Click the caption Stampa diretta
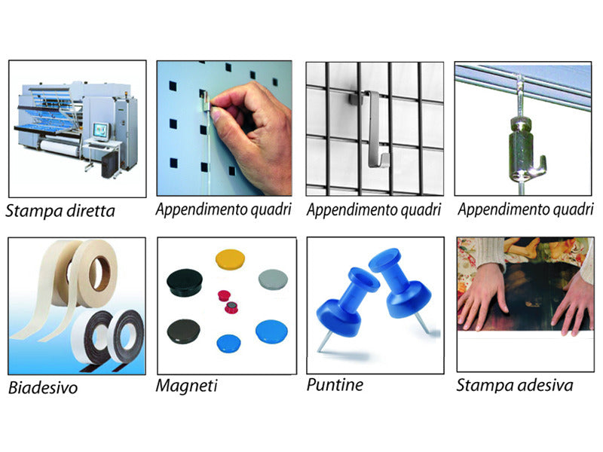(x=60, y=210)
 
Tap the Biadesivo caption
(x=43, y=389)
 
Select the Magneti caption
(x=187, y=386)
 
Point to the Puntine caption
(x=335, y=385)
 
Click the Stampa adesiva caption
(x=515, y=386)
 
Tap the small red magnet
(x=224, y=295)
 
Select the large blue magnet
(x=270, y=331)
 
